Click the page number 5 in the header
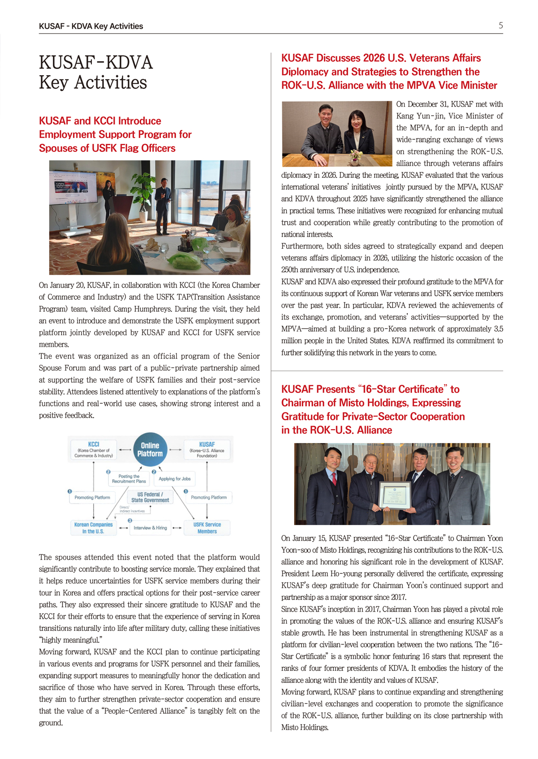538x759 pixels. click(500, 26)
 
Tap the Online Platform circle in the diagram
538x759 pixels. click(150, 449)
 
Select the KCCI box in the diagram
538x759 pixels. click(93, 449)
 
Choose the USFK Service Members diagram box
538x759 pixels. click(207, 527)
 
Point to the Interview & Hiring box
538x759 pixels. click(150, 528)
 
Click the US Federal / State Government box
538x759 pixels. click(150, 497)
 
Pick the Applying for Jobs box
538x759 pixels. click(174, 479)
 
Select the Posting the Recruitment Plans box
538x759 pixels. click(129, 479)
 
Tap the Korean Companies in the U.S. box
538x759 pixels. click(93, 527)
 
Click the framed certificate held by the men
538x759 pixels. click(395, 495)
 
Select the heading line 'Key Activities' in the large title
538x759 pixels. click(93, 83)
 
